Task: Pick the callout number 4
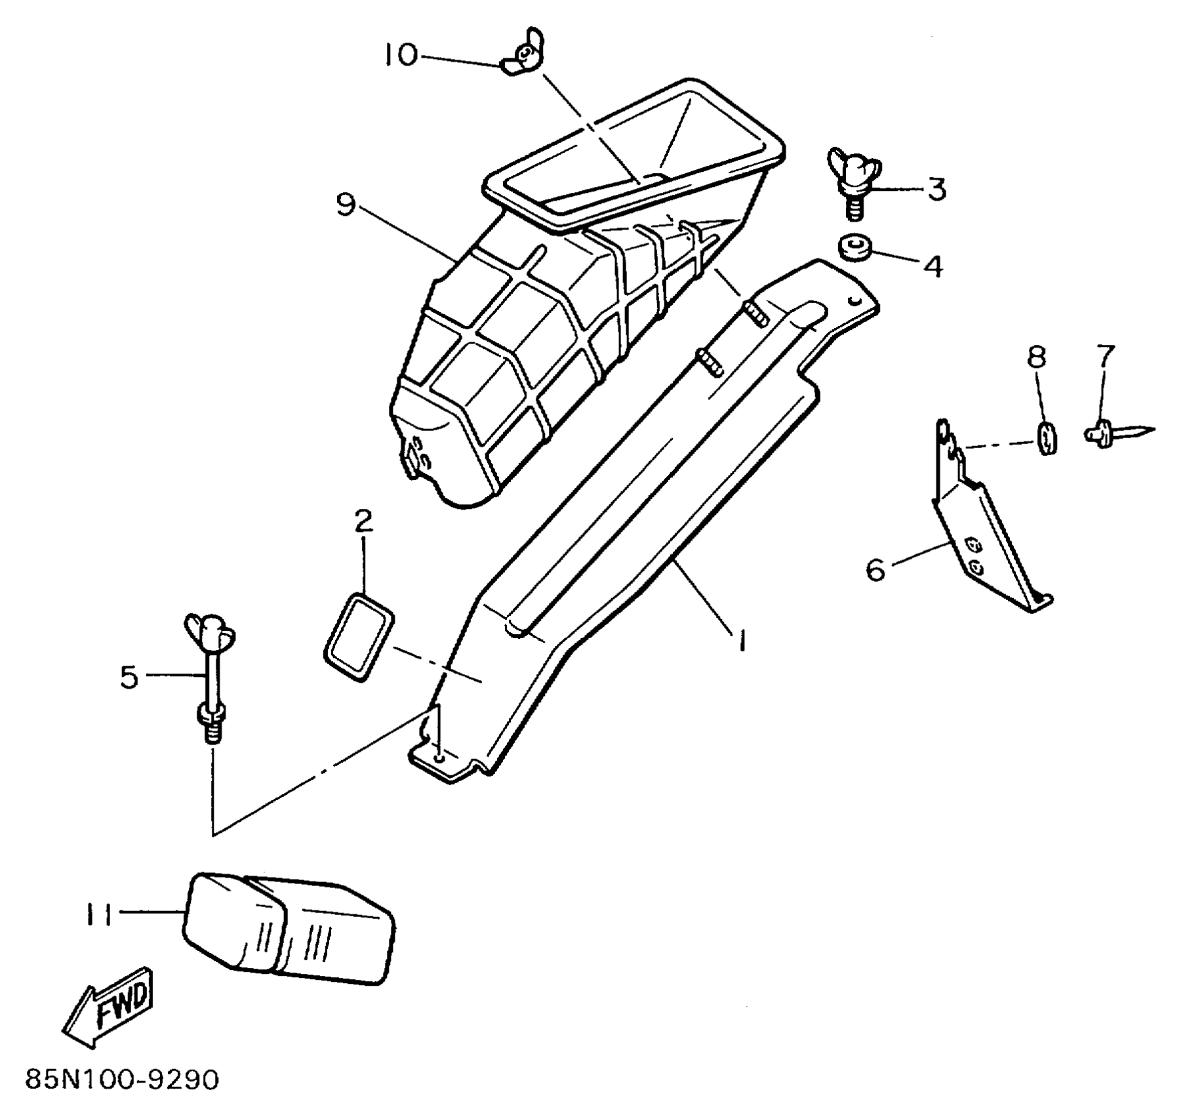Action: tap(932, 266)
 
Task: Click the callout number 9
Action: tap(346, 204)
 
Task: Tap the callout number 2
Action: tap(363, 521)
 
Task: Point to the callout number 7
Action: tap(1105, 356)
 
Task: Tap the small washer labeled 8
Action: tap(1047, 437)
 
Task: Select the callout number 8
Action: tap(1036, 357)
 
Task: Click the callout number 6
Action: tap(875, 569)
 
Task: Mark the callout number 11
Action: tap(99, 914)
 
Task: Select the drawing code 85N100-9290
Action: tap(122, 1080)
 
